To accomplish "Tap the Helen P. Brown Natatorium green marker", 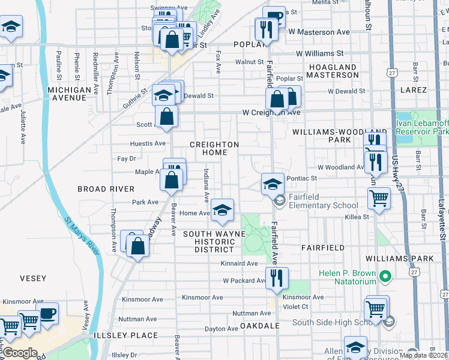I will (x=386, y=277).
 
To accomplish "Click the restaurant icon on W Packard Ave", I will (x=277, y=278).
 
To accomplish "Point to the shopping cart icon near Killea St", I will (x=378, y=197).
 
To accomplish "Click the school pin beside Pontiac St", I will (x=273, y=183).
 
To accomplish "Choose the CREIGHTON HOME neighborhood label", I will (x=214, y=149).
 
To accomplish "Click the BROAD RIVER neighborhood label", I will (x=106, y=188).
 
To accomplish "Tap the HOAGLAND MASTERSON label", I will (x=333, y=71).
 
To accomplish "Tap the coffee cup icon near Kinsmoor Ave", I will (x=47, y=313).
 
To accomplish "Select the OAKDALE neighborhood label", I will (x=260, y=325).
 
